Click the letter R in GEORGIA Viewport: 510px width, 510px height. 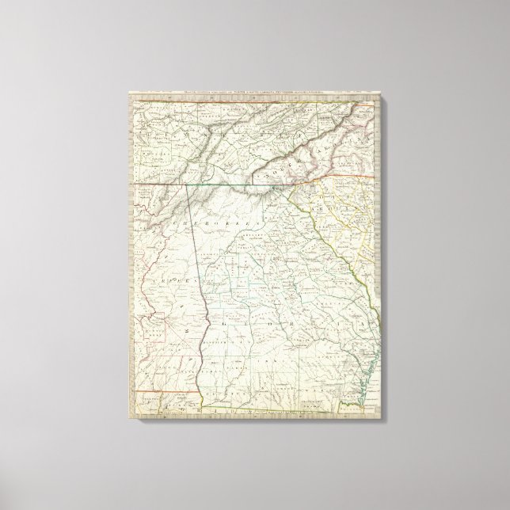tap(309, 325)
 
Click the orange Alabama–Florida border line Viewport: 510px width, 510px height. tap(158, 390)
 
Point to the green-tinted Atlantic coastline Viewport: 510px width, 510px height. tap(360, 372)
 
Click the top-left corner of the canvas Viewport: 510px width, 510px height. tap(128, 89)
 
